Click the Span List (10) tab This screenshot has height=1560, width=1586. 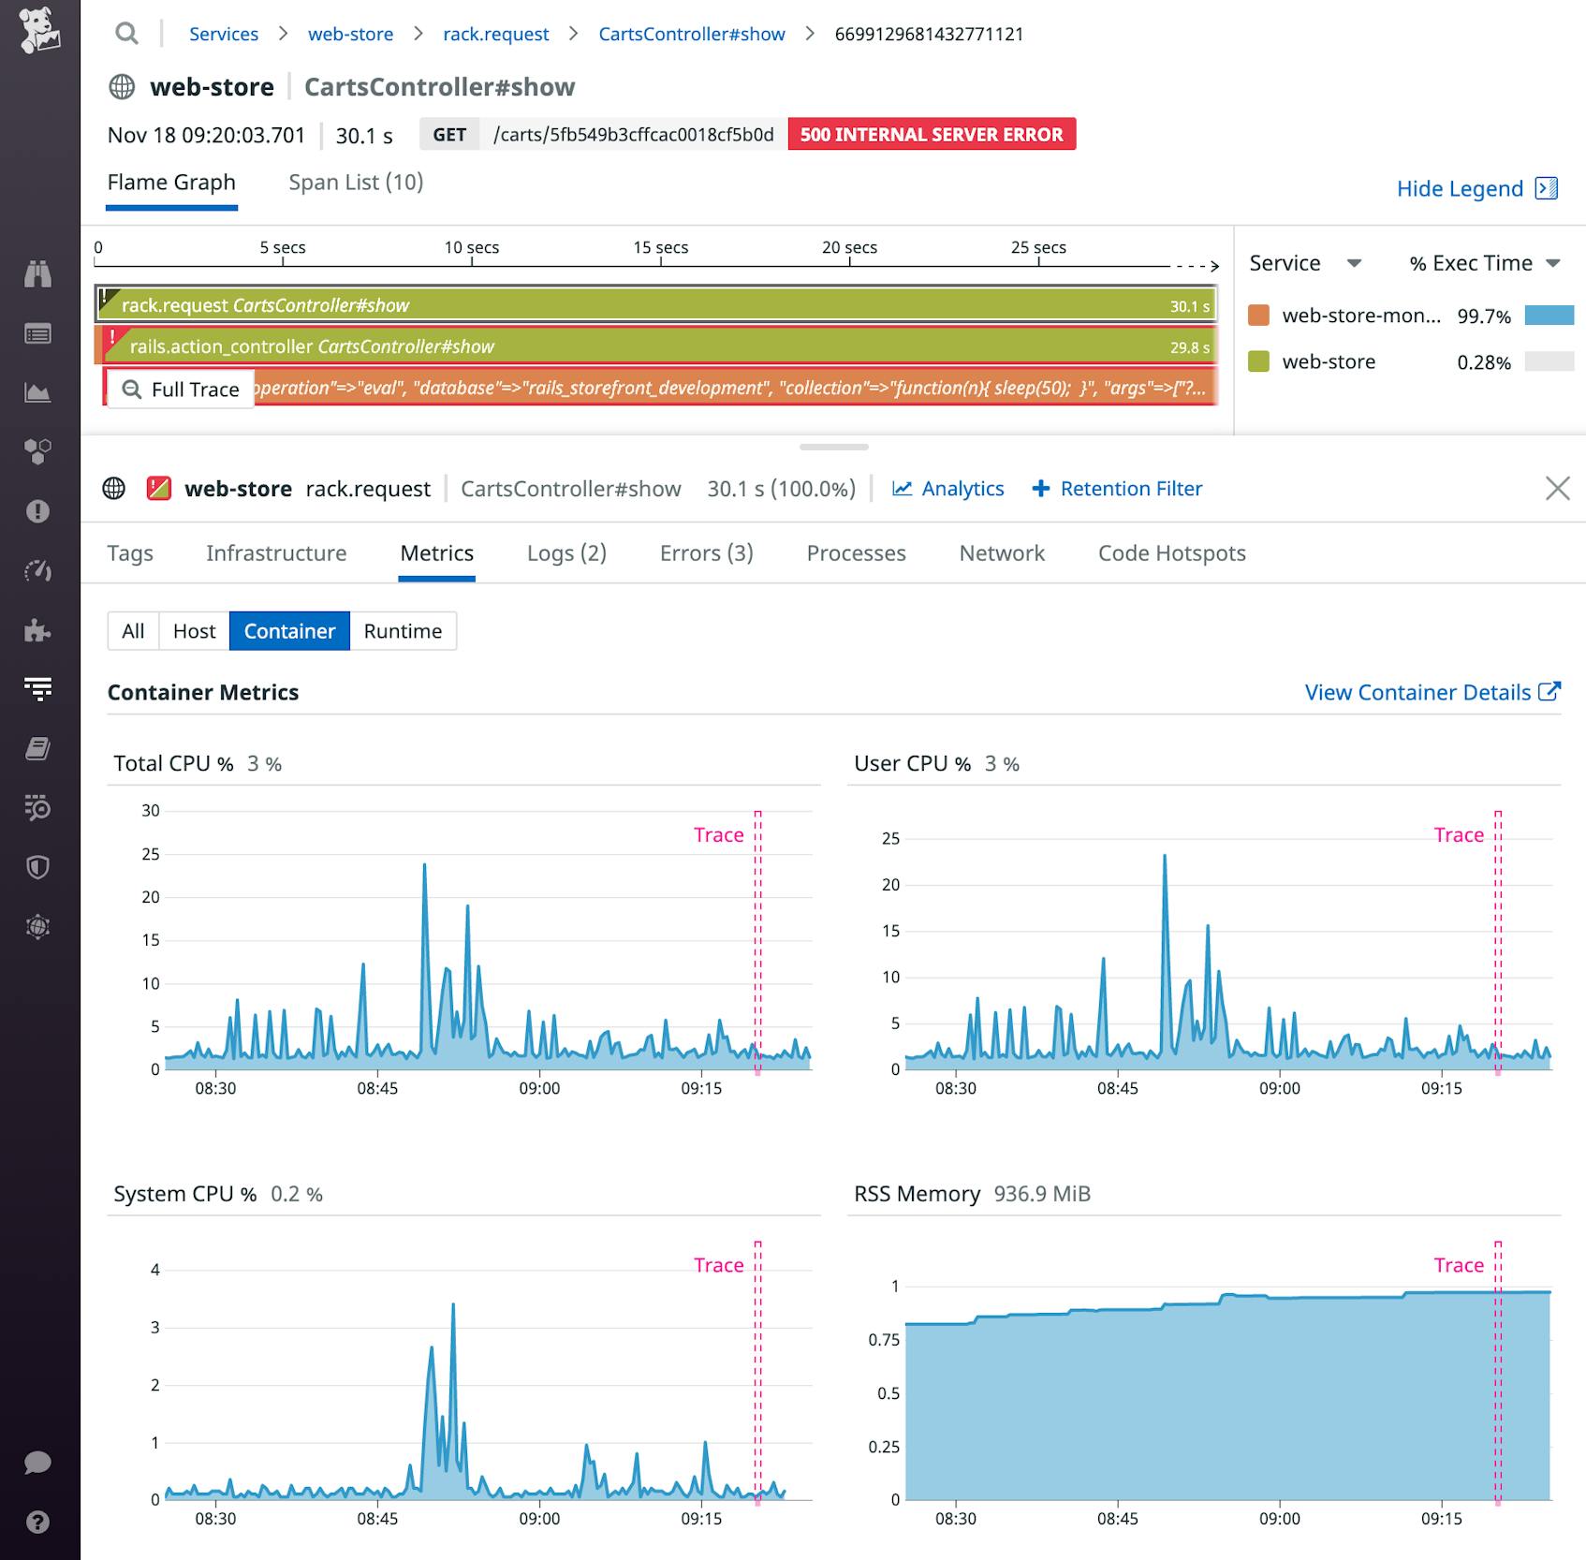[356, 183]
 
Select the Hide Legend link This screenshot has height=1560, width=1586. [1476, 189]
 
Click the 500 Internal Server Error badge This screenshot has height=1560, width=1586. [931, 135]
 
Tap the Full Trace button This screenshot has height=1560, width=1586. [181, 390]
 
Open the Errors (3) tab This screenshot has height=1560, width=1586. [706, 553]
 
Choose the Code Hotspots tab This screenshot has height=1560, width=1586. [1171, 553]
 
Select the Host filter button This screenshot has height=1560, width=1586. [194, 631]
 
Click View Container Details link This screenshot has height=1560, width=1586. [1432, 693]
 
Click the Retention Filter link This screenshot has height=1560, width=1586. [1117, 489]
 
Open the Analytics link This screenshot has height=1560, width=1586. [947, 489]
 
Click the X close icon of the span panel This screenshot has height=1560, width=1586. [1557, 489]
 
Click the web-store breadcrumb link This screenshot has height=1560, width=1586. [350, 35]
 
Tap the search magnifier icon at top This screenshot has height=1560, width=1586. [126, 35]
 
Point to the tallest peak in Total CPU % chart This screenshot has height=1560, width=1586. [424, 865]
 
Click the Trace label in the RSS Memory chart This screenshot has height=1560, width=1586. [1458, 1265]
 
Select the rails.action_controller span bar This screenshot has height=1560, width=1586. [655, 346]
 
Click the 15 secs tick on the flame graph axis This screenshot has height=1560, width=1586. [660, 248]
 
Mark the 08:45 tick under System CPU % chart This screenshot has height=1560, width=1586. [376, 1519]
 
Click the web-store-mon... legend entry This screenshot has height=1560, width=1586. [1359, 316]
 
